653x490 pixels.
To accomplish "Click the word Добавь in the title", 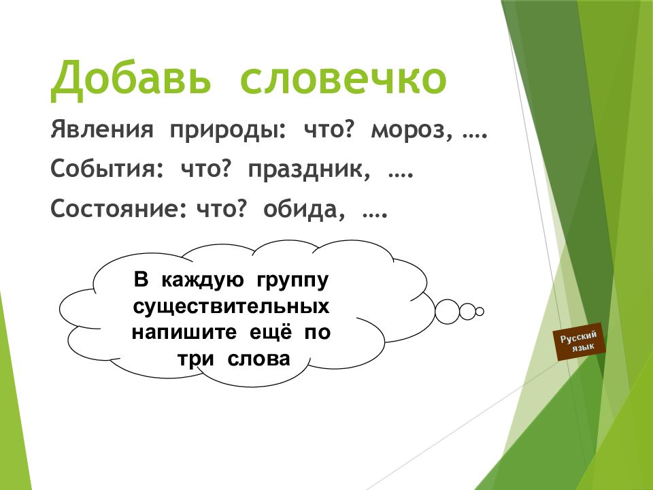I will [x=132, y=79].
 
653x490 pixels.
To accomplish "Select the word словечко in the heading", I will [x=343, y=79].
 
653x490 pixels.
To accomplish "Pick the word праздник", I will [x=309, y=170].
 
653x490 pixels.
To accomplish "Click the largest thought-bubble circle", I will [x=448, y=311].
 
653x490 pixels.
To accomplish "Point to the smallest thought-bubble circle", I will [x=480, y=312].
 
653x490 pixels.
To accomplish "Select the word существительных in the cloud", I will [x=231, y=307].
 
